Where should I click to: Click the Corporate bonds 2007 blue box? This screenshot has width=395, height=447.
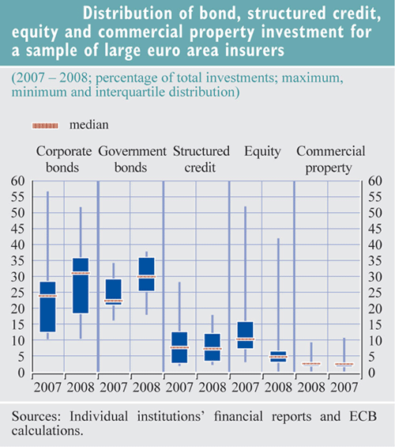(x=47, y=307)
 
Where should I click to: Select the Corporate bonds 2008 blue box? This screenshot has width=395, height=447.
(x=81, y=286)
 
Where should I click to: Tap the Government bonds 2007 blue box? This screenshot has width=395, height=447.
(x=114, y=292)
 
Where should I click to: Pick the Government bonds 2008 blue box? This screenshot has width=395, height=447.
(x=147, y=275)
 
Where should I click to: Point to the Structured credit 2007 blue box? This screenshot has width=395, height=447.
(x=179, y=347)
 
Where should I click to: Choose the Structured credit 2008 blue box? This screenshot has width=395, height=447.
(x=213, y=347)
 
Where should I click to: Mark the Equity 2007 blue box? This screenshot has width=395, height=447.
(x=246, y=335)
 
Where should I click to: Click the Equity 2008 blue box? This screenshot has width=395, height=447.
(x=278, y=357)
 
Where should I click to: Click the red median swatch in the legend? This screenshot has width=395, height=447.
(x=45, y=126)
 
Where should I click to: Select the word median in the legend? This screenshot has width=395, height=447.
(x=89, y=125)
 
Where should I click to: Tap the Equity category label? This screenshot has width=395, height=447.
(x=262, y=152)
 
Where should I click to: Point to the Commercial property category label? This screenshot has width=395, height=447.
(x=331, y=159)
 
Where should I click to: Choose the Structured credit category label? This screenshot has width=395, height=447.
(x=201, y=159)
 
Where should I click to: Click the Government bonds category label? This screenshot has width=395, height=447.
(x=132, y=159)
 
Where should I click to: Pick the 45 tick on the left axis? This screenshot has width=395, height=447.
(x=17, y=229)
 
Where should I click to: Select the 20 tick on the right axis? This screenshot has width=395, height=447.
(x=375, y=309)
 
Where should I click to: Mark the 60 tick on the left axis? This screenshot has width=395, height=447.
(x=17, y=180)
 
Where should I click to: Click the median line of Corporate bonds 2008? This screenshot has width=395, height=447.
(x=81, y=273)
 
